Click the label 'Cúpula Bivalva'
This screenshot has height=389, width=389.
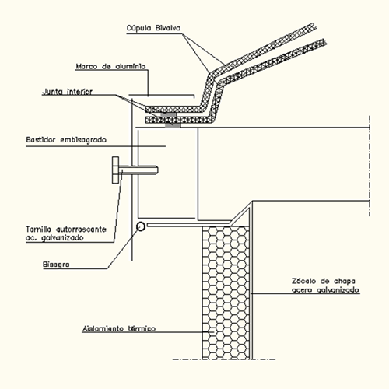(x=153, y=28)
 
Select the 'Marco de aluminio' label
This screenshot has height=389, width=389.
(x=110, y=66)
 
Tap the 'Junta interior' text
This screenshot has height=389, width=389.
(x=68, y=92)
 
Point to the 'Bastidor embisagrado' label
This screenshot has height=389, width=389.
(x=66, y=140)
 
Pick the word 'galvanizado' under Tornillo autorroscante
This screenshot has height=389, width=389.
(x=62, y=238)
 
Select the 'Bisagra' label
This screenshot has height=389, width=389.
(x=56, y=265)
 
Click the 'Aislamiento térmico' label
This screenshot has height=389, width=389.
(x=119, y=328)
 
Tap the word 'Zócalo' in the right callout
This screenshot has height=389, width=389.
(x=300, y=281)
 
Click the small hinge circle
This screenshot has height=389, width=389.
(x=141, y=226)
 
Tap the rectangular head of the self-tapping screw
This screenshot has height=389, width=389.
(x=115, y=170)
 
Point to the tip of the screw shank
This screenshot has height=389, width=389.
(x=158, y=170)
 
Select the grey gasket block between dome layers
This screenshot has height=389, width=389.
(x=171, y=120)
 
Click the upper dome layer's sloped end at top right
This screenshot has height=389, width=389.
(x=314, y=26)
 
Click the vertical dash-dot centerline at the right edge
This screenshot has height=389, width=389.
(x=370, y=166)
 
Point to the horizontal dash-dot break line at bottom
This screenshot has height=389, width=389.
(x=224, y=359)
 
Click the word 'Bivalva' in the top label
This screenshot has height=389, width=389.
(x=168, y=28)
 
